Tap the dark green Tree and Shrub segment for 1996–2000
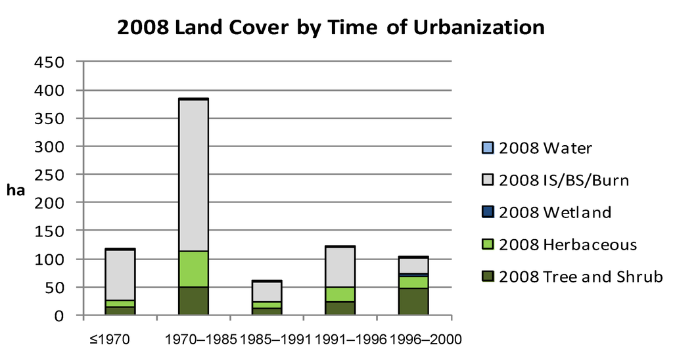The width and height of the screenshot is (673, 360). [413, 302]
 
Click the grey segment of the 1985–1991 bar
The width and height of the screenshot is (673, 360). [266, 292]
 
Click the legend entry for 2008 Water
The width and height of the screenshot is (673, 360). [545, 148]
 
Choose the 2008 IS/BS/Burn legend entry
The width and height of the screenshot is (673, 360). [563, 180]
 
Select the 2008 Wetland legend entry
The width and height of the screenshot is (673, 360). [555, 212]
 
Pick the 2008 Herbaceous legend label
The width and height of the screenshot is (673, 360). [567, 244]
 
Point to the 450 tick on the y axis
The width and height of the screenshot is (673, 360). [50, 62]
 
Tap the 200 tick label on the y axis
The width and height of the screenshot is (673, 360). [50, 203]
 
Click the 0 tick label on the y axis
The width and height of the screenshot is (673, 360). [59, 316]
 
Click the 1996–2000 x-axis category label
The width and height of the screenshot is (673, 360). [426, 340]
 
